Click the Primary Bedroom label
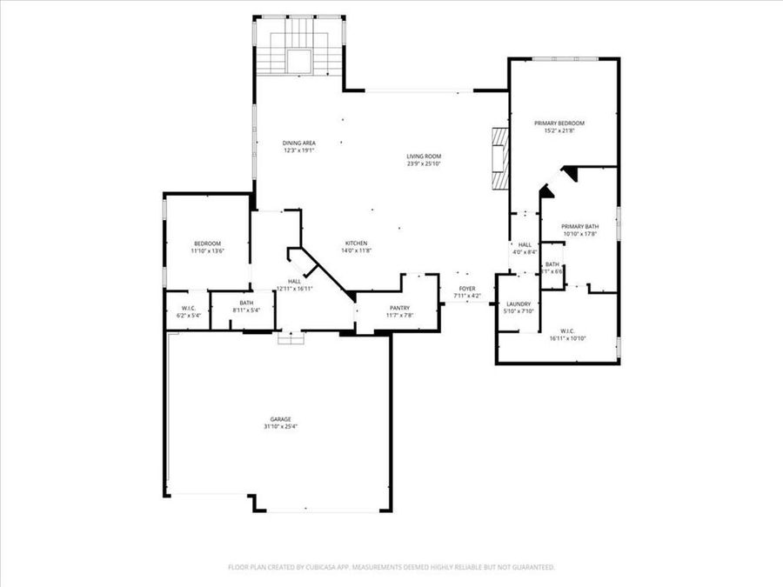(559, 123)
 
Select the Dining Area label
(298, 143)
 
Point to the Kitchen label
(356, 243)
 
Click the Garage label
(278, 419)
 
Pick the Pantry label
(399, 308)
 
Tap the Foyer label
(467, 288)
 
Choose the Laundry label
(519, 304)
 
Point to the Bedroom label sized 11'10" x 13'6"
(207, 243)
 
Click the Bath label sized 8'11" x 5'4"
(246, 304)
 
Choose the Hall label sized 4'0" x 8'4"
(525, 245)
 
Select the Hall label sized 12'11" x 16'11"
(294, 282)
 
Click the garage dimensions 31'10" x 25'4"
(278, 427)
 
